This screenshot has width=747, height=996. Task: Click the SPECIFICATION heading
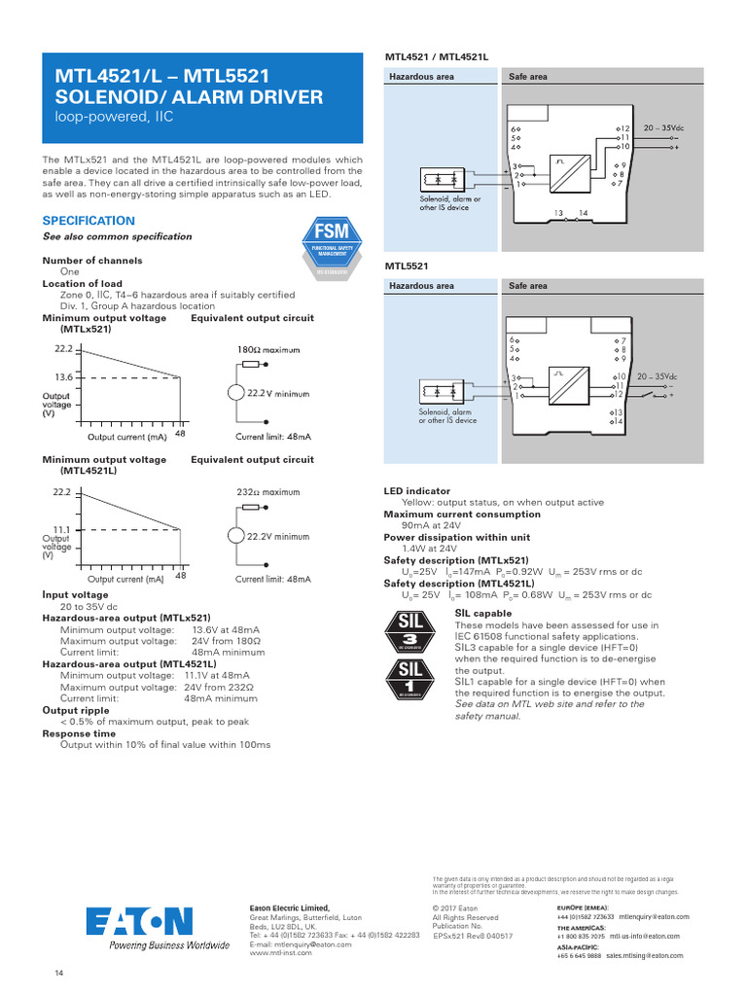point(89,221)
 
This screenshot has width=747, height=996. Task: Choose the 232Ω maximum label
point(268,492)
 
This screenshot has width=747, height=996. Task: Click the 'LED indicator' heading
point(416,492)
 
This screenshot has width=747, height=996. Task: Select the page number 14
point(57,974)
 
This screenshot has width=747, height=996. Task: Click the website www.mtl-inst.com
point(281,953)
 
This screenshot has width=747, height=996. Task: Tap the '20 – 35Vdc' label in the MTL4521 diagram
point(660,128)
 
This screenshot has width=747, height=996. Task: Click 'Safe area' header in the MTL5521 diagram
point(528,286)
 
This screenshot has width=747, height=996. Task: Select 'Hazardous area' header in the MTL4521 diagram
point(421,76)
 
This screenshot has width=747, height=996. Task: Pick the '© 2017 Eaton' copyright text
point(454,908)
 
